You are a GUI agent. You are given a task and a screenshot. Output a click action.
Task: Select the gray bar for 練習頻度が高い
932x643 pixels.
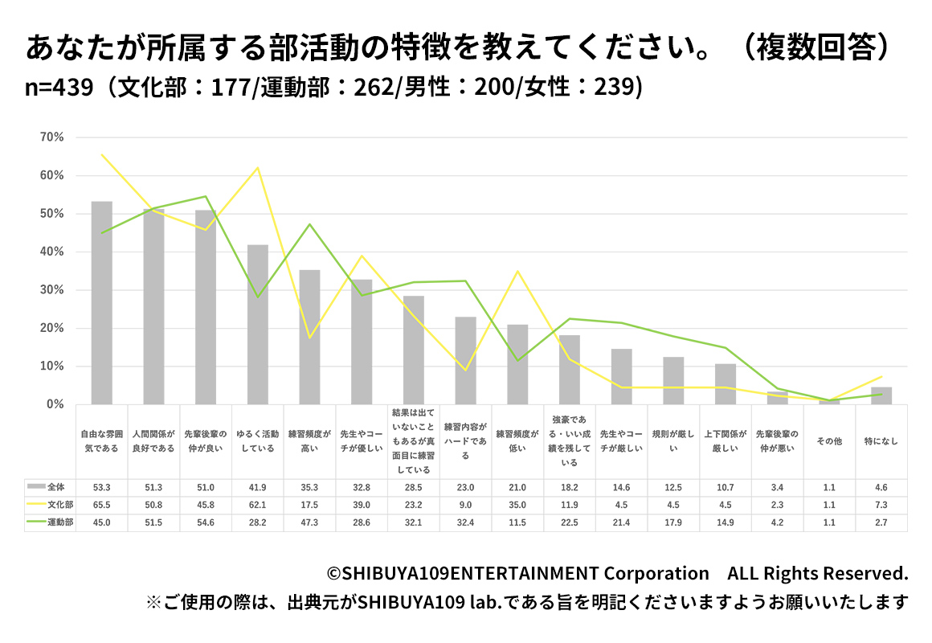tap(309, 337)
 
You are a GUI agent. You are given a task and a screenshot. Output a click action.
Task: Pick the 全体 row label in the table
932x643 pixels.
tap(56, 486)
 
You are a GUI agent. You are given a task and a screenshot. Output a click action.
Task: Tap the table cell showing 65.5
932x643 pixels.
tap(101, 505)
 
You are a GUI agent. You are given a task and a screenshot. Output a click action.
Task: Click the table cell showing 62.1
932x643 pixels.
tap(257, 505)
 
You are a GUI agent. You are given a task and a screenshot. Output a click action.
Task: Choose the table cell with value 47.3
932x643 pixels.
tap(309, 522)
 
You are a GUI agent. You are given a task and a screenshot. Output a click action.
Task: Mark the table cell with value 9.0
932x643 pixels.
tap(465, 505)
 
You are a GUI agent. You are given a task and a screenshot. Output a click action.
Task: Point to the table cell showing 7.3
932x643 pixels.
tap(881, 505)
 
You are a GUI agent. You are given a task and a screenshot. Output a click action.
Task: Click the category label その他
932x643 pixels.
tap(829, 441)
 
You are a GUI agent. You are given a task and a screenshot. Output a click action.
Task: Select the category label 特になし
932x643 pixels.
tap(881, 441)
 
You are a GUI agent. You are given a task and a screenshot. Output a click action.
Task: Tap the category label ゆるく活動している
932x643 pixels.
tap(257, 441)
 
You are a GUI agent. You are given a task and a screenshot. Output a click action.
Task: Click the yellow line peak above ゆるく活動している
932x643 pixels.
tap(257, 167)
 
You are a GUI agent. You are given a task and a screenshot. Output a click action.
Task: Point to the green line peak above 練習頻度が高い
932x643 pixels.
tap(309, 224)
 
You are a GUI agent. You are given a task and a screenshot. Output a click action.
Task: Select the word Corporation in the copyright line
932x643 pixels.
tap(656, 573)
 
